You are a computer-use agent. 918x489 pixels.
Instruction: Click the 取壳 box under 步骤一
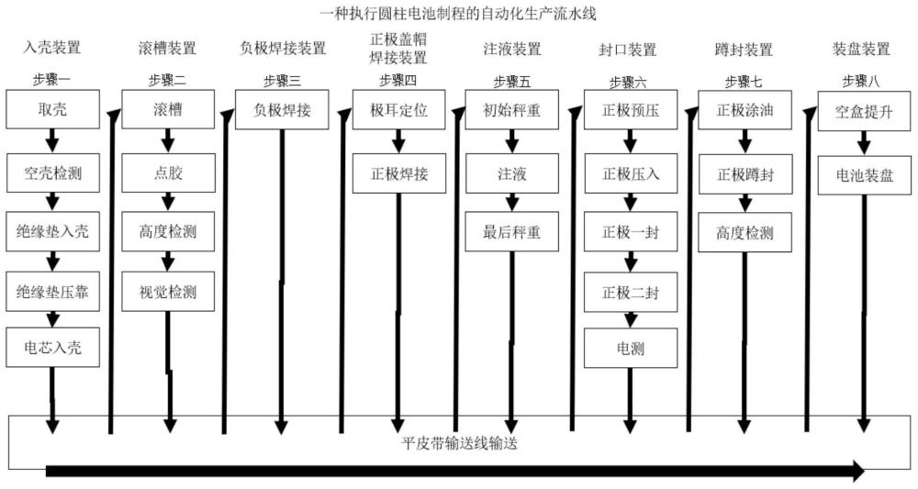[52, 109]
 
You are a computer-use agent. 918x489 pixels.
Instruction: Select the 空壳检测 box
[52, 173]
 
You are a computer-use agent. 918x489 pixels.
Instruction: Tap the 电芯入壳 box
[52, 348]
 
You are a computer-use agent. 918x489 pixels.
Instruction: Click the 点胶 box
[168, 173]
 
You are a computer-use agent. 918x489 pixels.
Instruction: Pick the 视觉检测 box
[168, 292]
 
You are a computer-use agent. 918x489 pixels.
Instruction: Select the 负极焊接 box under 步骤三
[282, 109]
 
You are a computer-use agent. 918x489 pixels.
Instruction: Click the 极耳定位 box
[398, 109]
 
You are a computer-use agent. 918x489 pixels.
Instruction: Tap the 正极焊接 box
[398, 173]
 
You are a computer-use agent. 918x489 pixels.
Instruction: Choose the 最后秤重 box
[511, 231]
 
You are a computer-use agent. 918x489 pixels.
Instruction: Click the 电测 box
[631, 348]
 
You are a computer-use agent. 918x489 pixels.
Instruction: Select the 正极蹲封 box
[744, 174]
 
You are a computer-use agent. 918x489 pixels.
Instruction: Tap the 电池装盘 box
[864, 175]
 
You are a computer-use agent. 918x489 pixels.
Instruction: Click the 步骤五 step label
[511, 82]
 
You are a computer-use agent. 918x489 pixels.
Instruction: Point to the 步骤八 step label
[861, 82]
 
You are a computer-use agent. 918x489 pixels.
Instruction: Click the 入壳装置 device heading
[52, 48]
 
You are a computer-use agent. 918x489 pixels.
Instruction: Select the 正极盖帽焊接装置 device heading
[398, 49]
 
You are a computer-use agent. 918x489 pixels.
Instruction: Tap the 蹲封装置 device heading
[744, 50]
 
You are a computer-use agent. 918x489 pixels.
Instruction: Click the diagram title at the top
[459, 14]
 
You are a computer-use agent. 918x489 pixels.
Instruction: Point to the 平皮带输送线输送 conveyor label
[459, 443]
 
